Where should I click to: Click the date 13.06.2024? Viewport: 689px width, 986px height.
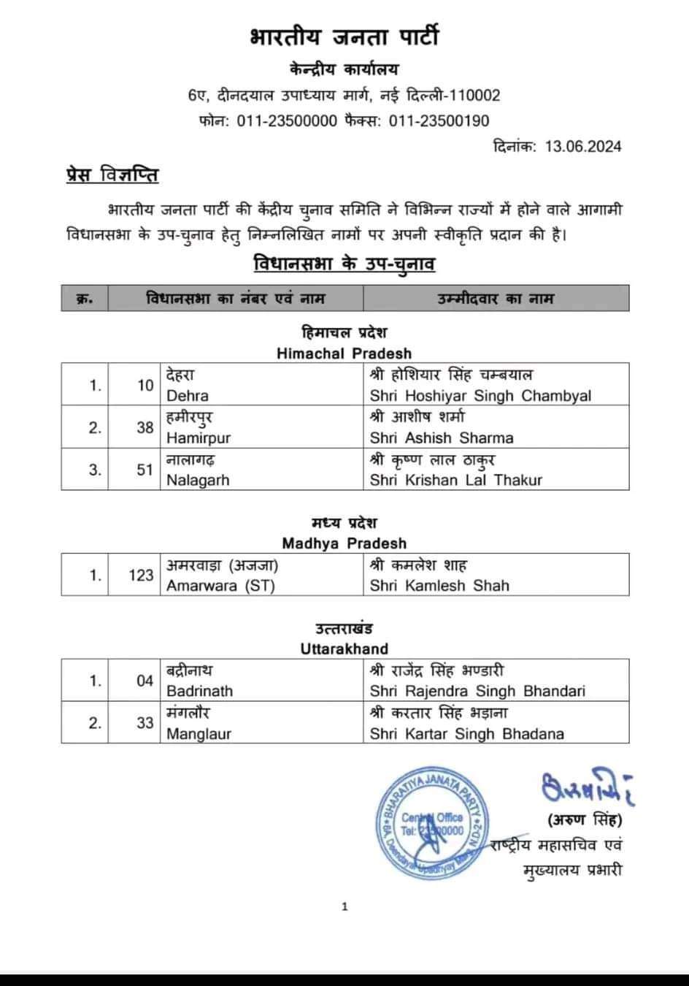(x=582, y=146)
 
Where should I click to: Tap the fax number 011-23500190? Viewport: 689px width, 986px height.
(x=439, y=121)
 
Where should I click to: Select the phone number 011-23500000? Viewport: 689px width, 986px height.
(x=287, y=121)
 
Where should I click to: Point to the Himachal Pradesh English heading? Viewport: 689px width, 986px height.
(x=344, y=353)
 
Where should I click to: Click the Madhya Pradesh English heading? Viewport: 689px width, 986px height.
(x=344, y=543)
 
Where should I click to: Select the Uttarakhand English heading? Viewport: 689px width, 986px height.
(x=344, y=649)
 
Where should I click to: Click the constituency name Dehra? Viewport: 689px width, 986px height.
(x=188, y=396)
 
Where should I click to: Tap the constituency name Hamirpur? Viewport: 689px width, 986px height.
(x=199, y=438)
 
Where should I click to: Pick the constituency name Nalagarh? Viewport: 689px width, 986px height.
(x=198, y=481)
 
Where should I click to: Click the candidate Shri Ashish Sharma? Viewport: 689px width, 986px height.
(x=442, y=438)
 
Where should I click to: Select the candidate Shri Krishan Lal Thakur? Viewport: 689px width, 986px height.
(x=456, y=481)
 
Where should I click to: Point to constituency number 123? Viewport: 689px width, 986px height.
(x=141, y=576)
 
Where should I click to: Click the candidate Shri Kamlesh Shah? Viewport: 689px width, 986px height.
(x=439, y=586)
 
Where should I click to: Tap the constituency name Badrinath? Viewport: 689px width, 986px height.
(x=199, y=691)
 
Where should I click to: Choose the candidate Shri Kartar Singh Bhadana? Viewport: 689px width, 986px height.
(x=467, y=733)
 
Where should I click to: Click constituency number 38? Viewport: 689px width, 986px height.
(x=145, y=428)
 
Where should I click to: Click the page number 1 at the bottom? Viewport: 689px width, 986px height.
(x=344, y=907)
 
